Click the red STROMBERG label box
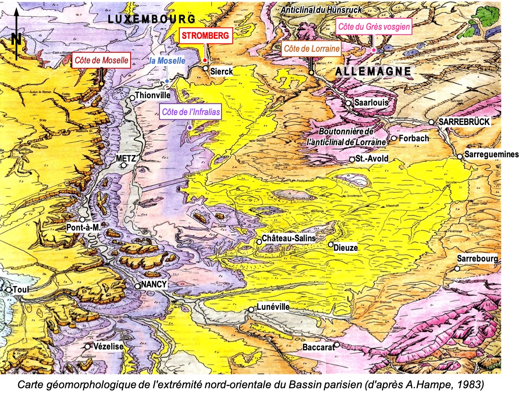(x=206, y=36)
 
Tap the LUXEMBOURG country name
(x=152, y=19)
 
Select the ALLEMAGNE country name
(x=373, y=72)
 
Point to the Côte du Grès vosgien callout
(x=374, y=27)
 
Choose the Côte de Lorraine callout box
(x=311, y=49)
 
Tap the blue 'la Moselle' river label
(x=167, y=61)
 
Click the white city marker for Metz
(x=124, y=165)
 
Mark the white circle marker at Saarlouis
(x=348, y=103)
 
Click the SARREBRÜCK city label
(x=464, y=122)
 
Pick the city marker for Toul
(x=8, y=290)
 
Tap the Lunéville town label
(x=273, y=307)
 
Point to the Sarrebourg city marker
(x=457, y=268)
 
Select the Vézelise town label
(x=108, y=346)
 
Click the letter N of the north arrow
(x=16, y=39)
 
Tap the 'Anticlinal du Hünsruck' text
(x=321, y=9)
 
